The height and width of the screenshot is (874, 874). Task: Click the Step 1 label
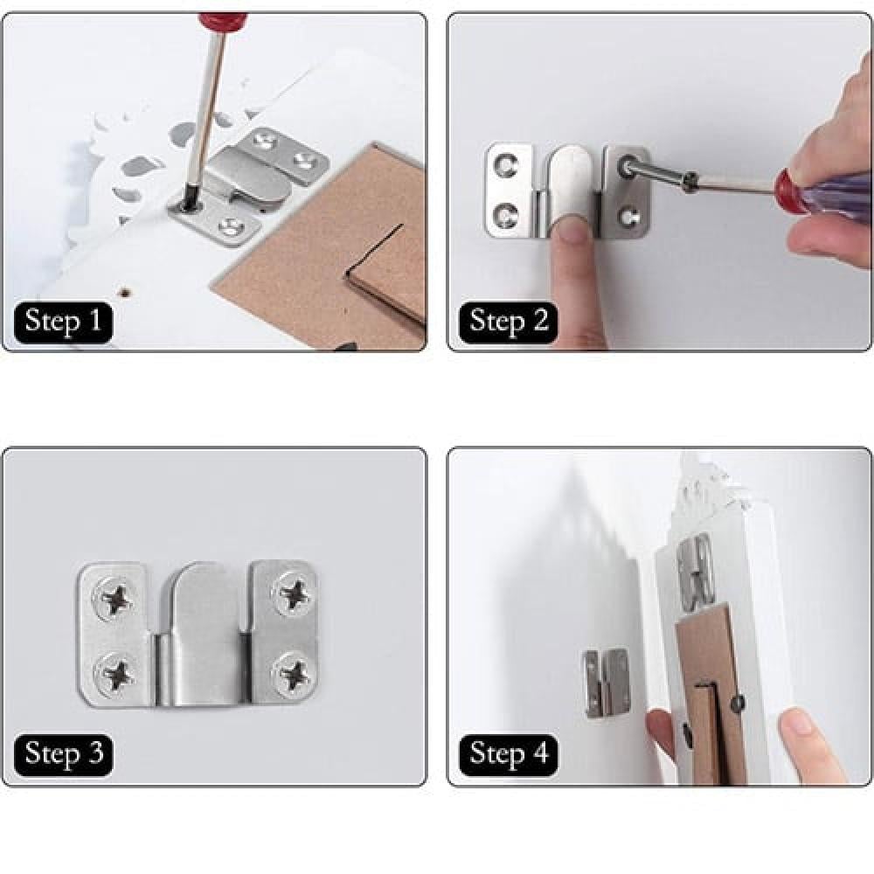click(x=64, y=323)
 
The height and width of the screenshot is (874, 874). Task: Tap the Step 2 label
click(x=509, y=323)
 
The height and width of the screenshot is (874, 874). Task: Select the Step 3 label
click(x=64, y=755)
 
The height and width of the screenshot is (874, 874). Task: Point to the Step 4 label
click(x=509, y=755)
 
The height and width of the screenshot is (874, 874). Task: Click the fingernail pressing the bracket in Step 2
click(x=571, y=230)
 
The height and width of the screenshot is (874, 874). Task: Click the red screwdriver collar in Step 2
click(x=790, y=192)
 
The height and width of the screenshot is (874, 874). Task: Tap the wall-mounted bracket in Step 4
click(x=606, y=683)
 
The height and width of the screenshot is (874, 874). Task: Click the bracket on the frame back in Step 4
click(x=695, y=569)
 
